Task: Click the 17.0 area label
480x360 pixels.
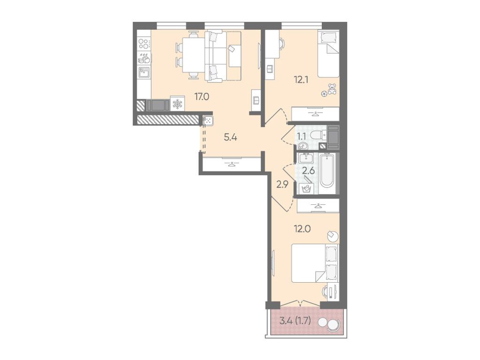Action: pyautogui.click(x=202, y=97)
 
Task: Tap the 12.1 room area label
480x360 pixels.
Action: pyautogui.click(x=301, y=80)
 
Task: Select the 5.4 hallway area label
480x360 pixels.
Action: pyautogui.click(x=230, y=137)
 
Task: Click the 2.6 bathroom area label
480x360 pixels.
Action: pyautogui.click(x=309, y=171)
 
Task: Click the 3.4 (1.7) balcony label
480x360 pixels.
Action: pyautogui.click(x=296, y=321)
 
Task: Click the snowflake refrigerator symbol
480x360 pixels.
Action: pyautogui.click(x=177, y=104)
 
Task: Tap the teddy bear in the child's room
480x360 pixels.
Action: pyautogui.click(x=332, y=90)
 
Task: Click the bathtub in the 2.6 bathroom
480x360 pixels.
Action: pyautogui.click(x=327, y=173)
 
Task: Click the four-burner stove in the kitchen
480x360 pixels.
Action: pyautogui.click(x=144, y=45)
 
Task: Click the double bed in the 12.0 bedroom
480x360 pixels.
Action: pyautogui.click(x=315, y=263)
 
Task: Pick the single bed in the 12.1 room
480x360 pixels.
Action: pyautogui.click(x=328, y=53)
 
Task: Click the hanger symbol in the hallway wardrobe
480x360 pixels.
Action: pyautogui.click(x=232, y=164)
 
